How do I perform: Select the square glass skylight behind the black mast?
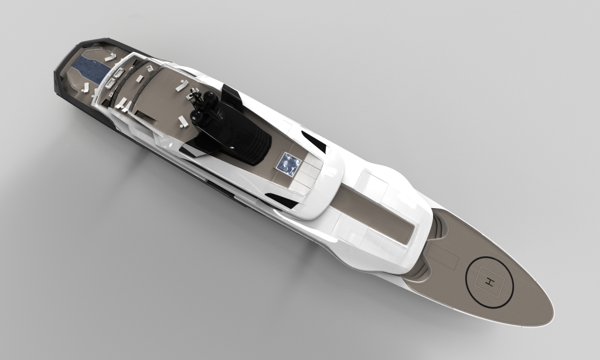coord(288,164)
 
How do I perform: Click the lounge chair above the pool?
coord(110,57)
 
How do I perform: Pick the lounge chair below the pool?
coord(85,88)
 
